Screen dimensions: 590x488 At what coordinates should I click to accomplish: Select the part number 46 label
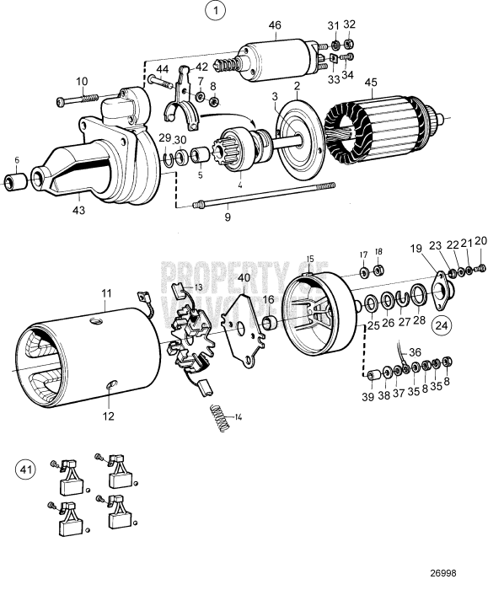(x=275, y=27)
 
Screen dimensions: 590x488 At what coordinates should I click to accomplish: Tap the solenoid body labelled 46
(x=273, y=56)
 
